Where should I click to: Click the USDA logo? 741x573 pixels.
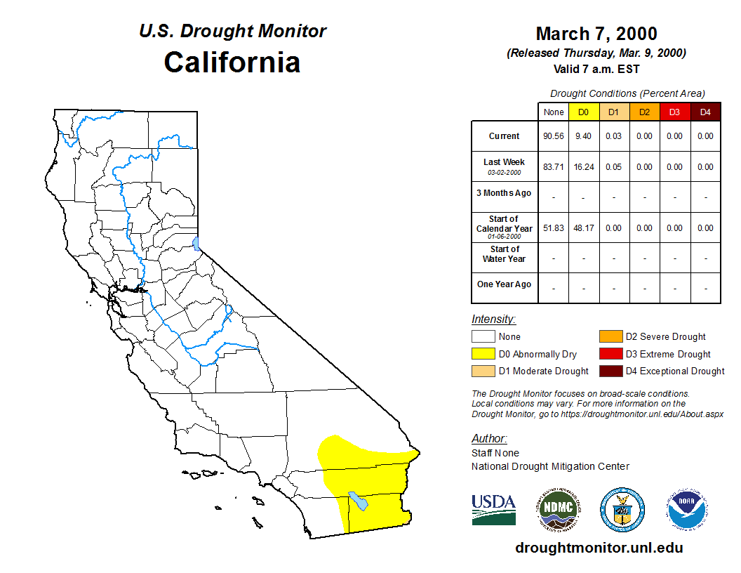point(493,510)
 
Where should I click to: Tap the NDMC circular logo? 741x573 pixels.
point(558,510)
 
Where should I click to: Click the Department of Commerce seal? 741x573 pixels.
point(622,510)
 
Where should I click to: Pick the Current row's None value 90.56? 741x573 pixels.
point(554,136)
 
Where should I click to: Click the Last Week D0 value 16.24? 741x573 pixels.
point(584,167)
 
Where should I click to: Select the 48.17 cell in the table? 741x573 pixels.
point(584,228)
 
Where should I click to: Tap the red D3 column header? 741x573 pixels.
point(675,112)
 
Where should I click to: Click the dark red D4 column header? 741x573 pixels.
point(705,112)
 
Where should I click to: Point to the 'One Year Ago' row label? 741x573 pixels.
point(505,284)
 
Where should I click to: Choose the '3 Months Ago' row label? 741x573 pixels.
point(504,193)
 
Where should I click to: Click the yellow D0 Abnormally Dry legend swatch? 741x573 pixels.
point(483,354)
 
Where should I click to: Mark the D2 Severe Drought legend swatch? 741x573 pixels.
point(610,336)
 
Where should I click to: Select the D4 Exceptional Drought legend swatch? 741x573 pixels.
point(610,371)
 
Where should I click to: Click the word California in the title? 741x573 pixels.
point(232,62)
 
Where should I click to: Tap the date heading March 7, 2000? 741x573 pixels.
point(596,34)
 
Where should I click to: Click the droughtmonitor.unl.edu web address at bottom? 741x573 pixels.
point(599,548)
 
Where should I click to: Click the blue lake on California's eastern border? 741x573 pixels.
point(196,244)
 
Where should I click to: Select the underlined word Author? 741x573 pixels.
point(489,438)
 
